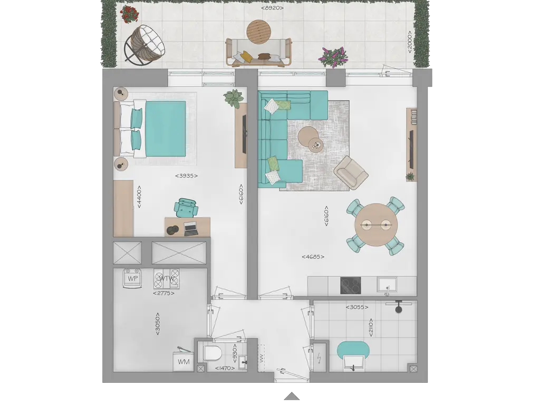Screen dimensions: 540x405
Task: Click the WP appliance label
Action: click(132, 278)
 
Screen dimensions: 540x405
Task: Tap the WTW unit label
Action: click(167, 278)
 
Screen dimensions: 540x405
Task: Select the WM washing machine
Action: click(184, 361)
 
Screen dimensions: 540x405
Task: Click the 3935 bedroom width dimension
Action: click(186, 176)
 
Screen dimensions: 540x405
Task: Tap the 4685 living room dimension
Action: click(313, 257)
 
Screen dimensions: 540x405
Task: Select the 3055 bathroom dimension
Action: click(357, 307)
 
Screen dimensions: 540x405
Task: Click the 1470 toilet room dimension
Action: click(225, 368)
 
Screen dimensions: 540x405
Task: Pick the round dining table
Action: click(376, 225)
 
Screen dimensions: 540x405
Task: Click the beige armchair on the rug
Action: click(351, 172)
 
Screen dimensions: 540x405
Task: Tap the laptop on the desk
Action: click(191, 229)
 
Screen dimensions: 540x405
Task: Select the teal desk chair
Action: click(186, 208)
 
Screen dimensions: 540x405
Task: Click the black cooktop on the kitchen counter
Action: click(351, 285)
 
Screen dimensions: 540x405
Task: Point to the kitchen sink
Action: click(387, 285)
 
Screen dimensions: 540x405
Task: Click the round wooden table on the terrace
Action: click(259, 32)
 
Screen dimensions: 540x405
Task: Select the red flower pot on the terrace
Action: click(129, 15)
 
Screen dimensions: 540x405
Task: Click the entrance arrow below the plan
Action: click(292, 396)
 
